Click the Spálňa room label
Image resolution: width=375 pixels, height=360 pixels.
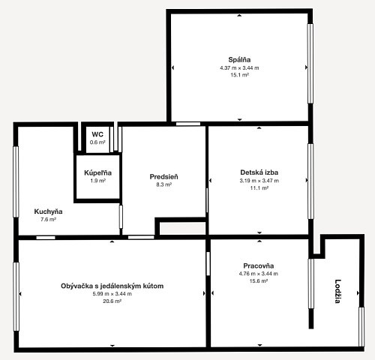coord(239,60)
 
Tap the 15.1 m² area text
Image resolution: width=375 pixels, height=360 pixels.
coord(239,75)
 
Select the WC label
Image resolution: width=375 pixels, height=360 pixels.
coord(97,134)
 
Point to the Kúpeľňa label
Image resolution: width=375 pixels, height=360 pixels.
coord(97,172)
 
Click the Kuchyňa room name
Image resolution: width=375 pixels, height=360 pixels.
coord(48,211)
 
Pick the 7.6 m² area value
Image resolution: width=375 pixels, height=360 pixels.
coord(48,220)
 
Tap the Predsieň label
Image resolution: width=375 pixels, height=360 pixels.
coord(163,177)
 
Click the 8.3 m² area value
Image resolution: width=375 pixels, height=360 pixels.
coord(163,184)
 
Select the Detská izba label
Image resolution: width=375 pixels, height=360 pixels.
coord(259,172)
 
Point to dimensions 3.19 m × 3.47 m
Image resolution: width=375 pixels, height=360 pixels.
coord(259,181)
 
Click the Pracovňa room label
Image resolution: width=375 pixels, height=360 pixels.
coord(259,265)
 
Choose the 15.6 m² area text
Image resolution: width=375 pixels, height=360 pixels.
coord(259,281)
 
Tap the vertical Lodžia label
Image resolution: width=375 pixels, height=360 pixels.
coord(337,291)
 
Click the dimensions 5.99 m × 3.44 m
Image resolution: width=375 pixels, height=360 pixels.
coord(112,294)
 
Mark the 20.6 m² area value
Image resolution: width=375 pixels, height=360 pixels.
coord(112,301)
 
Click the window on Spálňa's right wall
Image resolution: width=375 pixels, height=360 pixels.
coord(310,64)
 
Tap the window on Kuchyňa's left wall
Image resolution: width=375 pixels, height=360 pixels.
coord(16,181)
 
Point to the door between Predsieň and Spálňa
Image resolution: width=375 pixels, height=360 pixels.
coord(188,124)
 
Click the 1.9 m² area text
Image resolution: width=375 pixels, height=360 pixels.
coord(97,181)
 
